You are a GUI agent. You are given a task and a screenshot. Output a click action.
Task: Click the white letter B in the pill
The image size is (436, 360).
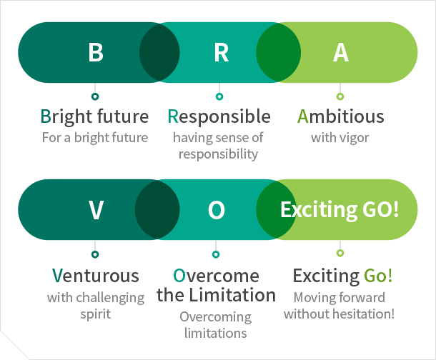[96, 52]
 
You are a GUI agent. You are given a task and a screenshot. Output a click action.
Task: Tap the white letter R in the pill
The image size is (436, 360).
[222, 52]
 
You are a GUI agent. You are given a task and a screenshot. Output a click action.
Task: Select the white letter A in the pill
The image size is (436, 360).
[341, 52]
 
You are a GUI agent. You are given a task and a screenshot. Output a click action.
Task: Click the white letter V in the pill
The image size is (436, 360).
[96, 210]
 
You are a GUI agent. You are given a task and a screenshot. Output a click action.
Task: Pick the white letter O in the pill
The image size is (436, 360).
[217, 210]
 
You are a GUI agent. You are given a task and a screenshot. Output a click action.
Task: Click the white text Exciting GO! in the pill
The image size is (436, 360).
[340, 209]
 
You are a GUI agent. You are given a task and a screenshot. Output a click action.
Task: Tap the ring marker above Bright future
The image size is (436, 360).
[95, 96]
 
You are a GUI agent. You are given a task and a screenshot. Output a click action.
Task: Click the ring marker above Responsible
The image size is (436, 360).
[219, 96]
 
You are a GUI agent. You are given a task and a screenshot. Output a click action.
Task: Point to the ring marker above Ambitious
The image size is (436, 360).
[340, 96]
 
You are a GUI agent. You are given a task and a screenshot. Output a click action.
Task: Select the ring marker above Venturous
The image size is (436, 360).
[95, 254]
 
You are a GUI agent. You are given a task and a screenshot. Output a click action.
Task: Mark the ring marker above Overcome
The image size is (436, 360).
[216, 254]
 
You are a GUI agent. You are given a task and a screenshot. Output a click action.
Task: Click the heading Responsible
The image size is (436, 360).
[219, 116]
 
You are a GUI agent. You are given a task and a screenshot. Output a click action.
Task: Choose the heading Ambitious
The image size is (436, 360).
[341, 116]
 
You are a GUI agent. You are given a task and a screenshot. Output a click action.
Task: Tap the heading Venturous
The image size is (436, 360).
[95, 276]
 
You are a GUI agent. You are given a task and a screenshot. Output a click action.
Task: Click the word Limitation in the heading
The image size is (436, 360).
[232, 295]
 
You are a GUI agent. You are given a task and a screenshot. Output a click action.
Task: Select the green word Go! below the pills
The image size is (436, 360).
[378, 276]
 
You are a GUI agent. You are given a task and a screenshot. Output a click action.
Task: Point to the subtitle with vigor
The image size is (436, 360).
[340, 138]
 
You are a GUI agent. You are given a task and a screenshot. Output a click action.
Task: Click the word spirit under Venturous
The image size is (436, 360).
[95, 314]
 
